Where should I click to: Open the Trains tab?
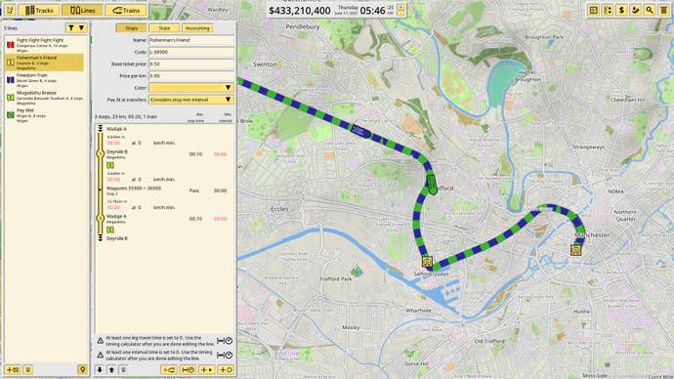coord(131,10)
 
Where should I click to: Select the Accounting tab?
coord(197,28)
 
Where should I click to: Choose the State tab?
coord(164,28)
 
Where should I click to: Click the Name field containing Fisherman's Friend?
coord(190,40)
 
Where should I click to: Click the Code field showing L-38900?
coord(190,52)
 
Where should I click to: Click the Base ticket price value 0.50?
coord(190,63)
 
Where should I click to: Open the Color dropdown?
coord(190,88)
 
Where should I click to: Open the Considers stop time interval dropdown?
coord(190,100)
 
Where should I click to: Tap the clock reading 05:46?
coord(372,10)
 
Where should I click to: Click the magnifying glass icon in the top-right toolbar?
coord(650,10)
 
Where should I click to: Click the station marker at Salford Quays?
coord(426,262)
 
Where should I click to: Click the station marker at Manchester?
coord(576,250)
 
